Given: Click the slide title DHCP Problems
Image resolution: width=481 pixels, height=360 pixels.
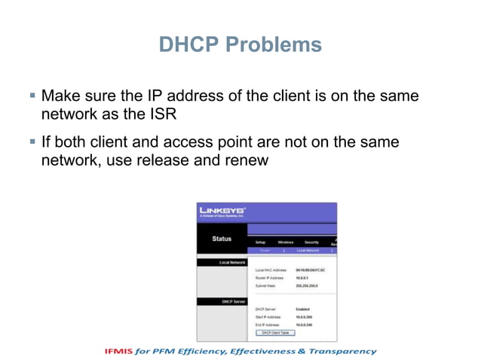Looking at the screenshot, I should pos(240,45).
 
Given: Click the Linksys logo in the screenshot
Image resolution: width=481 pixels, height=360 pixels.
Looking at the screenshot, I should pos(222,211).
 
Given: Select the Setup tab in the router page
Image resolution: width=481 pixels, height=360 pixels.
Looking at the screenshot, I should pos(261,242).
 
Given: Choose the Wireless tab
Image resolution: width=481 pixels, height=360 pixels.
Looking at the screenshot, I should pos(285,242).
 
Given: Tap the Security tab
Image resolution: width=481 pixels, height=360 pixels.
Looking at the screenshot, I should pos(311,242).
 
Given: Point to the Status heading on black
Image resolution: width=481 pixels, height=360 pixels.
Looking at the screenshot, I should pos(222,239).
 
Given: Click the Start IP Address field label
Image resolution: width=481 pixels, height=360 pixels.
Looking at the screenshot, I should pos(268,317).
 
